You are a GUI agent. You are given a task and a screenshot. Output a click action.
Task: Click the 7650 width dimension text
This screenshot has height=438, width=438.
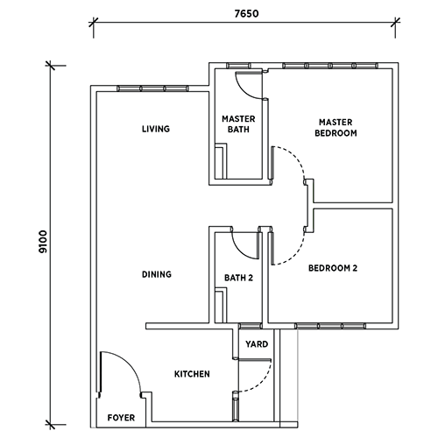point(247,14)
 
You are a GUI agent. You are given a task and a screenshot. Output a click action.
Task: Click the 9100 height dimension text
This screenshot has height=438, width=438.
point(43,242)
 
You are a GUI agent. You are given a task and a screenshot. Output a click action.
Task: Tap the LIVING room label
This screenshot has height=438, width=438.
point(156,129)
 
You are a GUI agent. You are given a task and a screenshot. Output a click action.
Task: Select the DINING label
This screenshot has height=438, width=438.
point(157,274)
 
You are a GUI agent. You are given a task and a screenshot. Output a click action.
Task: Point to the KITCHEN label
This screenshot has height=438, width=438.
point(192,374)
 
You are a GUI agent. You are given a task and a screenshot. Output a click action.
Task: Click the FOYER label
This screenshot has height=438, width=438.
point(121,418)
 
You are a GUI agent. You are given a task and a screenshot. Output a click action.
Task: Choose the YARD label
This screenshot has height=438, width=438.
point(257,344)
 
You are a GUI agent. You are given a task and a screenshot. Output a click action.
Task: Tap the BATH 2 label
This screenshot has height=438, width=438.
point(238,278)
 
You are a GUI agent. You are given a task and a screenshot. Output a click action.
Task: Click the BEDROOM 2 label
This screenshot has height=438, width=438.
point(333,268)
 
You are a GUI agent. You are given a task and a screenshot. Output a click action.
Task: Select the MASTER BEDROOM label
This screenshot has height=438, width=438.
point(336,128)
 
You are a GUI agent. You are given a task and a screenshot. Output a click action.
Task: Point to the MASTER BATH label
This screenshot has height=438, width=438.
point(238,124)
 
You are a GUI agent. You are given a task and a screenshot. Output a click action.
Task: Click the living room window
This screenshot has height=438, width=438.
point(152,88)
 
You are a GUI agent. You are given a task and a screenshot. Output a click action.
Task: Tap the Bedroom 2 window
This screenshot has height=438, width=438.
point(330,326)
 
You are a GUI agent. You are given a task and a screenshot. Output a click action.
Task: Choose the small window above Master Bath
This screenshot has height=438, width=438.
point(239,66)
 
